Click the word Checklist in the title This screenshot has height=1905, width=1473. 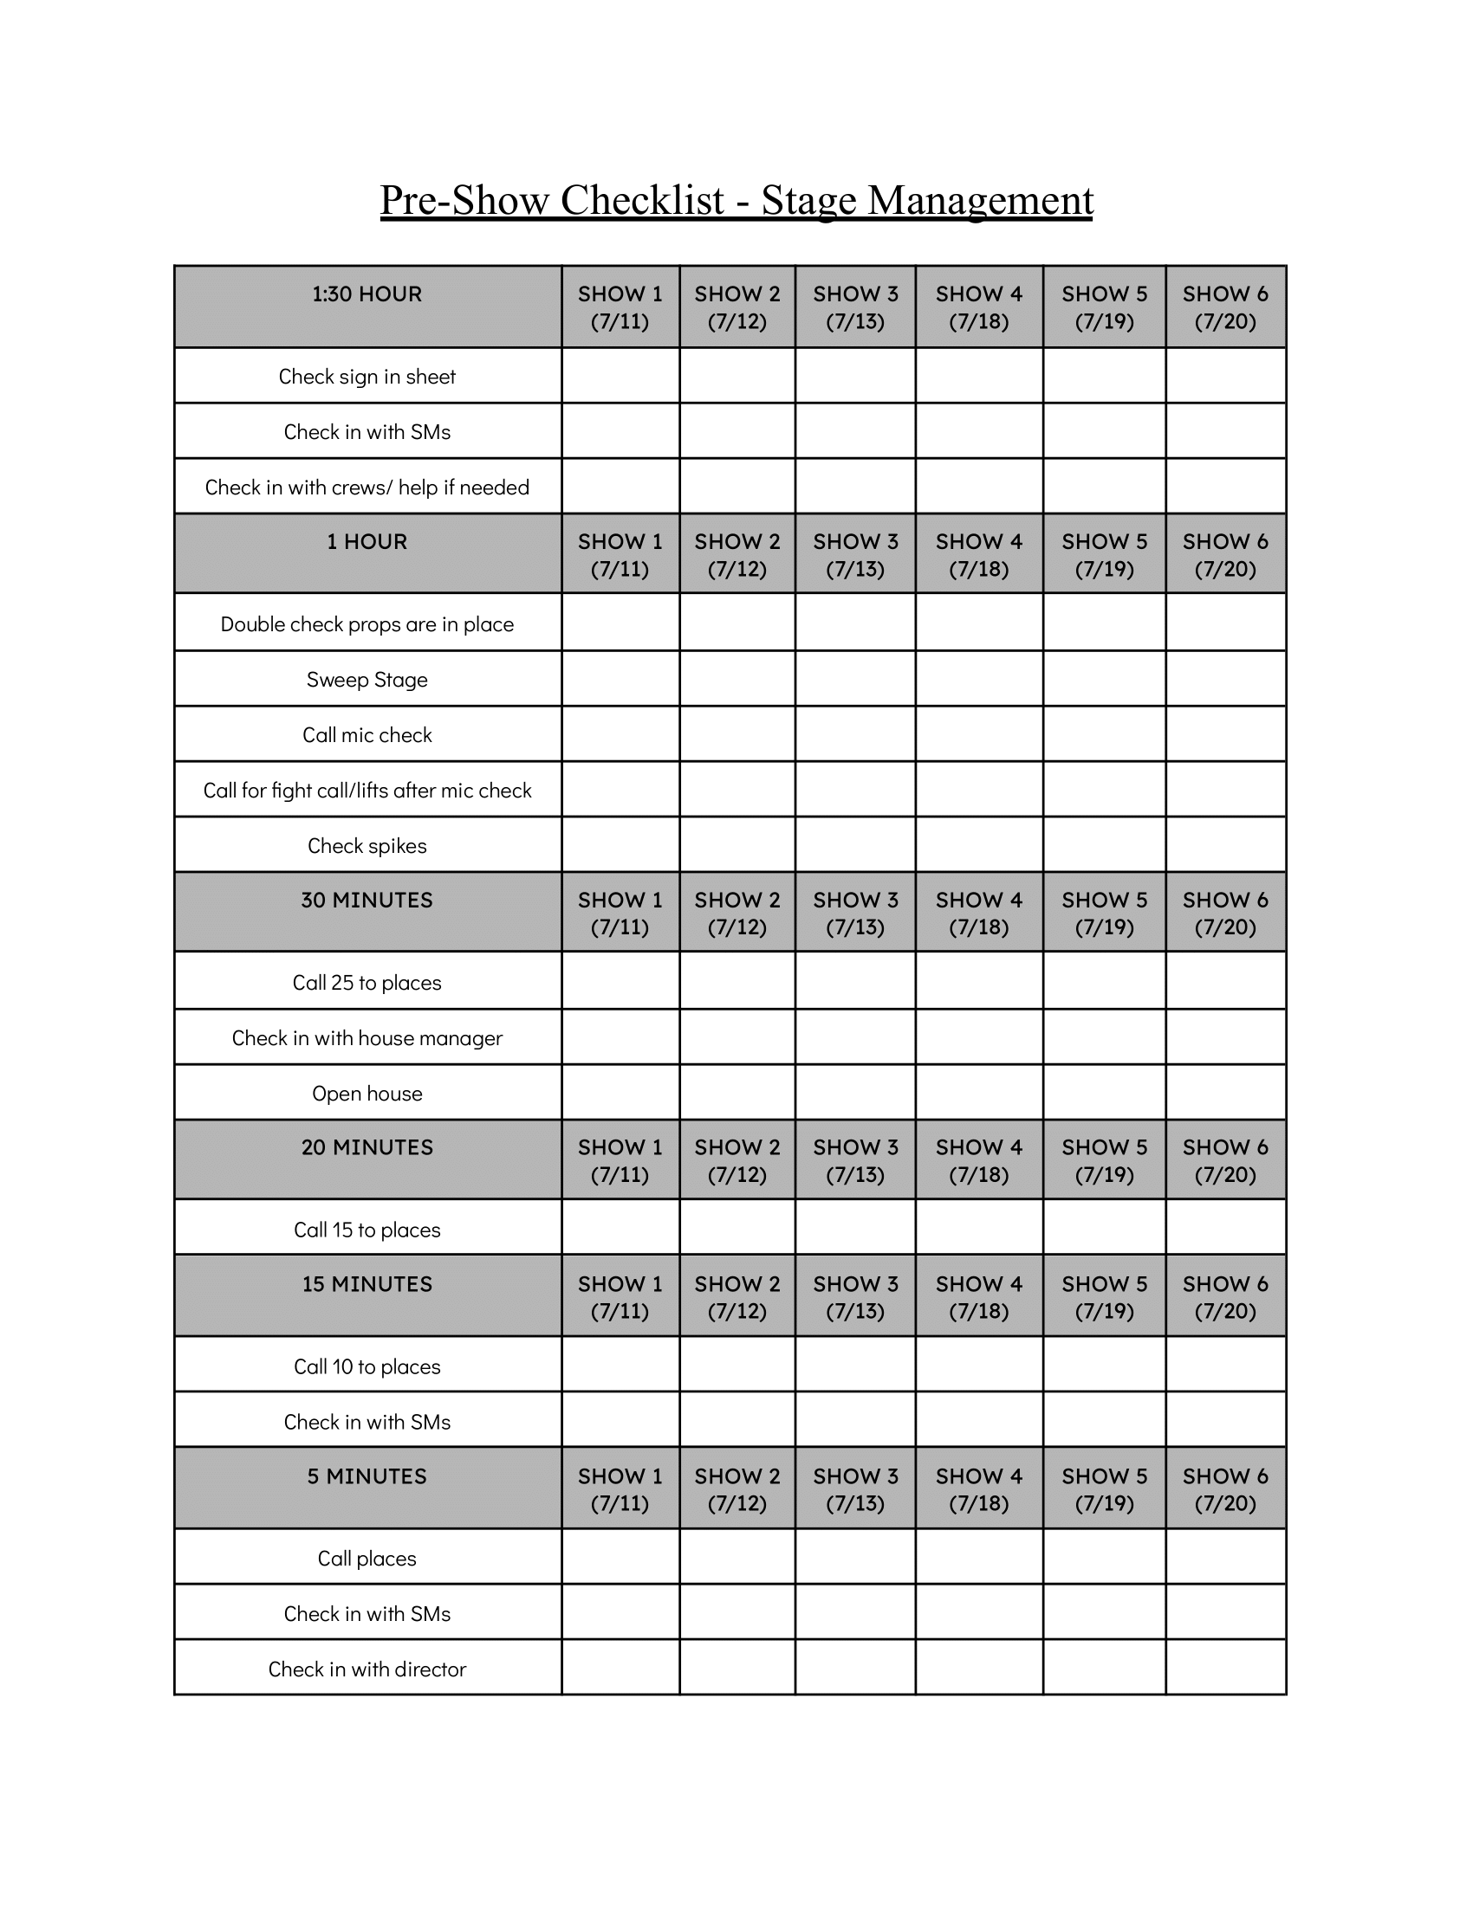point(642,200)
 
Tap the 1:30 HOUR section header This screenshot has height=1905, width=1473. point(367,294)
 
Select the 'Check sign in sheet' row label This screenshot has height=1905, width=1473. point(367,376)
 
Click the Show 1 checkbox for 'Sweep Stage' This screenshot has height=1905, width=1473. point(620,679)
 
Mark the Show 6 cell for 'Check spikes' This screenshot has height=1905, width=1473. point(1225,844)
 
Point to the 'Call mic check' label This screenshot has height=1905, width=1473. point(367,734)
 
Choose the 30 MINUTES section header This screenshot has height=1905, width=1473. point(367,901)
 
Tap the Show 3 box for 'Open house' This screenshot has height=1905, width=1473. point(854,1092)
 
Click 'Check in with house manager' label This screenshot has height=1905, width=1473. point(367,1037)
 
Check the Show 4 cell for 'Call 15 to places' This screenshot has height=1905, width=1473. point(978,1228)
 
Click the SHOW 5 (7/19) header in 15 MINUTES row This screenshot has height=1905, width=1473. point(1104,1297)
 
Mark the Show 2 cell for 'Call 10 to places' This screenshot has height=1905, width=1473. point(736,1365)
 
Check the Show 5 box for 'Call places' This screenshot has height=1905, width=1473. point(1104,1557)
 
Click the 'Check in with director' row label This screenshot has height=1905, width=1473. point(367,1669)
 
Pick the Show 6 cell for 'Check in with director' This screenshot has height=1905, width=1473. point(1225,1668)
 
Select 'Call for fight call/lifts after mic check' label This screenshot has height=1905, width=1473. point(367,790)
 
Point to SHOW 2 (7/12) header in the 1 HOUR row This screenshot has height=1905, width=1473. point(736,555)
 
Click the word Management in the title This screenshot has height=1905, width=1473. point(979,200)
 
